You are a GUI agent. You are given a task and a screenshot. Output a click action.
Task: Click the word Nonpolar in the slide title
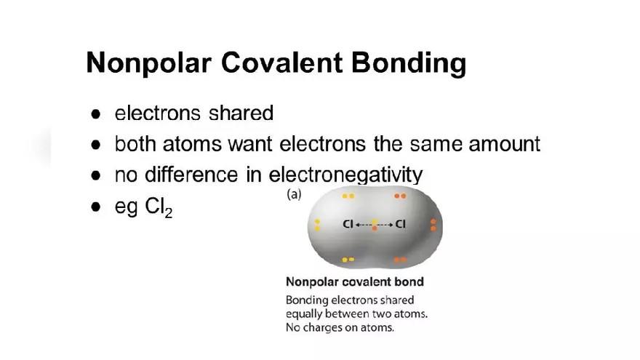(149, 63)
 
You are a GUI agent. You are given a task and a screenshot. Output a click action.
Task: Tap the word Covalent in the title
(281, 63)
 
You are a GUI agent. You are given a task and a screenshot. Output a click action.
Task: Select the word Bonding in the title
(409, 64)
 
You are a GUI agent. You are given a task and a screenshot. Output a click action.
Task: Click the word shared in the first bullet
(241, 113)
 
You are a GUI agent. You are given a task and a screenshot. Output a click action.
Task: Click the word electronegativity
(346, 175)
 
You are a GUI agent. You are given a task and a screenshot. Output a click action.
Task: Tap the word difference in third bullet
(191, 175)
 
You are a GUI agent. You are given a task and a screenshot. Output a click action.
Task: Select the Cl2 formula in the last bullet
(159, 207)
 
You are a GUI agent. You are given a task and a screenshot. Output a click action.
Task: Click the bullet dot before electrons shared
(96, 114)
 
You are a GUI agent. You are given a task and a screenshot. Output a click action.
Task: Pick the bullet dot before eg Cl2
(96, 207)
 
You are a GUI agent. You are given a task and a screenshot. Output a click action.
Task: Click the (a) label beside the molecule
(294, 194)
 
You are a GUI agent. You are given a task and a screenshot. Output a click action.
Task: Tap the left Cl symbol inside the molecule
(348, 224)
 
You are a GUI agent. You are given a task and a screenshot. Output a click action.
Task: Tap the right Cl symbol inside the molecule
(401, 224)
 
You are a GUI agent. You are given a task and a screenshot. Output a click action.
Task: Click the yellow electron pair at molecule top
(348, 196)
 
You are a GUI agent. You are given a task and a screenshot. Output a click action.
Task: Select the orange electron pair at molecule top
(400, 196)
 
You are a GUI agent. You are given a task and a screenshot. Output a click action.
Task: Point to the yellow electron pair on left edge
(318, 225)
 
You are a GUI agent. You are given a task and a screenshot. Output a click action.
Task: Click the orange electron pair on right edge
(433, 225)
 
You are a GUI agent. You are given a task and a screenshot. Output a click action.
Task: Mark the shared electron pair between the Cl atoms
(375, 225)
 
